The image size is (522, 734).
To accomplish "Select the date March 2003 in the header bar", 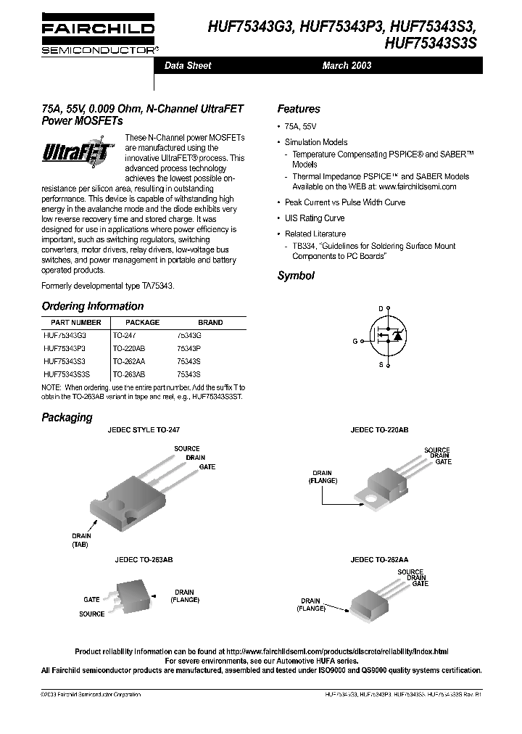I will [347, 65].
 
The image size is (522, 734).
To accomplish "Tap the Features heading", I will [298, 109].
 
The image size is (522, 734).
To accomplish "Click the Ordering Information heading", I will [92, 306].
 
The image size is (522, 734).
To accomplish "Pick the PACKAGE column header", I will [142, 323].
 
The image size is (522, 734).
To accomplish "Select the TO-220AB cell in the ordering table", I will [129, 348].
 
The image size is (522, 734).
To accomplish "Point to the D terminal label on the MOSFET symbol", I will [381, 309].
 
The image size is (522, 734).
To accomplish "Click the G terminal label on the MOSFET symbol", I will [355, 340].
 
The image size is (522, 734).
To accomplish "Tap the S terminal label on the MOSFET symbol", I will [381, 365].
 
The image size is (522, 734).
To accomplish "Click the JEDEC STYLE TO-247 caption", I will [144, 430].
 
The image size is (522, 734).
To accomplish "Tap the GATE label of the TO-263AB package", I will [91, 600].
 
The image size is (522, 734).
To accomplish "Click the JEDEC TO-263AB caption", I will [144, 561].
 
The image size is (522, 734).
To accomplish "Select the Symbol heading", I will [296, 276].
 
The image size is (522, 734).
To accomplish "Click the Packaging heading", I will [67, 418].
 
